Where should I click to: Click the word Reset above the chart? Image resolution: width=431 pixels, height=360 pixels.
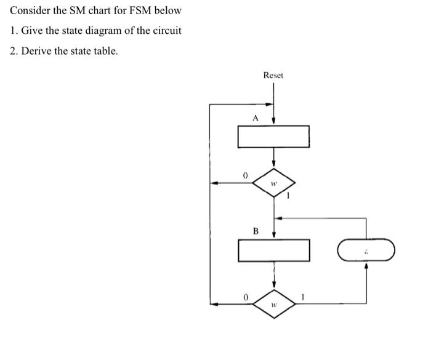[x=273, y=75]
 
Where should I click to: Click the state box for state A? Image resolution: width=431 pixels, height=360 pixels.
[x=273, y=137]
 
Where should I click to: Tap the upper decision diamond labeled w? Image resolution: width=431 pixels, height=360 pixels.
[x=274, y=183]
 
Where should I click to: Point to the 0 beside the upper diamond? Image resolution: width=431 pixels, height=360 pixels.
[x=245, y=176]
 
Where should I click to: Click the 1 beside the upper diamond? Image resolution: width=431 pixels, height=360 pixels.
[x=287, y=196]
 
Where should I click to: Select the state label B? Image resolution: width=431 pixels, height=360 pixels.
[x=255, y=231]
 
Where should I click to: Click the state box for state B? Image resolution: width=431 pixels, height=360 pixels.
[x=273, y=250]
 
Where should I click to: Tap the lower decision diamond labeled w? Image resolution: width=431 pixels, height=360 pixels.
[x=274, y=303]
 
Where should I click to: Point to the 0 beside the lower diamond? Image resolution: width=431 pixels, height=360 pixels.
[x=245, y=297]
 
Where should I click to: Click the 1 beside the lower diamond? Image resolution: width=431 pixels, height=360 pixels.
[x=303, y=297]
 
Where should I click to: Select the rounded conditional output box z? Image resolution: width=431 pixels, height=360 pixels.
[x=366, y=251]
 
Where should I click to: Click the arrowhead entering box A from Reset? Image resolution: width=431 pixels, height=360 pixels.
[x=273, y=121]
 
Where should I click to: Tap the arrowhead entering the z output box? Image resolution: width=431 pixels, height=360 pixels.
[x=366, y=266]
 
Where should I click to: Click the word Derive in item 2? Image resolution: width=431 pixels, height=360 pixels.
[x=36, y=50]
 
